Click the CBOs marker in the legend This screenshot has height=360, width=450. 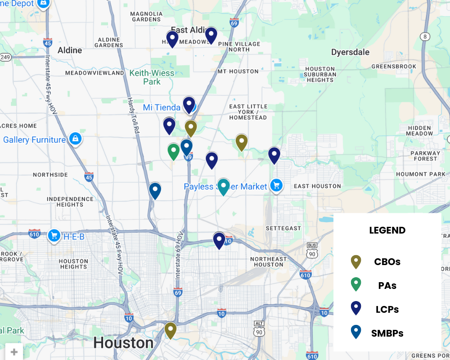[x=356, y=261]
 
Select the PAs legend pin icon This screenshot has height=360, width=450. [x=356, y=284]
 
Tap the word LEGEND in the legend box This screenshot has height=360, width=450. [x=387, y=230]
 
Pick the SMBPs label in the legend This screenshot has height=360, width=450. [x=387, y=333]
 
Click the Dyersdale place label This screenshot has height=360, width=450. [x=350, y=52]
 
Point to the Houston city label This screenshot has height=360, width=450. [x=123, y=343]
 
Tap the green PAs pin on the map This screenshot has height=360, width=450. [x=174, y=151]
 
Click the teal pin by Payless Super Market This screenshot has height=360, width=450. [x=223, y=185]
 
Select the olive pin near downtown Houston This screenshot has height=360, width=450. [x=170, y=329]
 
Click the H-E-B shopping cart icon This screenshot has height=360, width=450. [x=54, y=235]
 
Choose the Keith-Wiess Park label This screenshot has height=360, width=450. [x=152, y=77]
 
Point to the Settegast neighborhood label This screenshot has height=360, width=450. [x=283, y=228]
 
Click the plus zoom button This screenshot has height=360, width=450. [x=14, y=352]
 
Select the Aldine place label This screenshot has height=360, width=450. [x=70, y=50]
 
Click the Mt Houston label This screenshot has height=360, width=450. [x=238, y=71]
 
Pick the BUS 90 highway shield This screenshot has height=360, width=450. [x=311, y=251]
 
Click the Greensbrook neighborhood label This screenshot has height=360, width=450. [x=394, y=67]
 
